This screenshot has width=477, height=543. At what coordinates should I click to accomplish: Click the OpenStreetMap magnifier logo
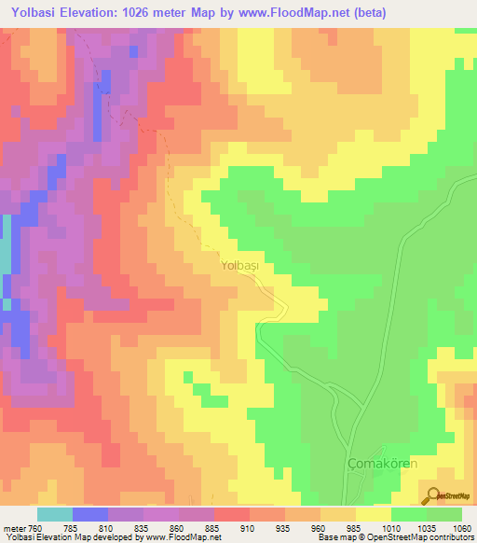pos(434,495)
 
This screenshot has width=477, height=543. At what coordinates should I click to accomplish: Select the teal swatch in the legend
pos(54,514)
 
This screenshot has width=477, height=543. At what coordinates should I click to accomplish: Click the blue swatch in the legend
pos(89,514)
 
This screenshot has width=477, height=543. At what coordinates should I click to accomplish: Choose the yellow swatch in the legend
pos(373,514)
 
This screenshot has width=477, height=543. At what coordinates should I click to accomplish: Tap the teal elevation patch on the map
pos(5,244)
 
